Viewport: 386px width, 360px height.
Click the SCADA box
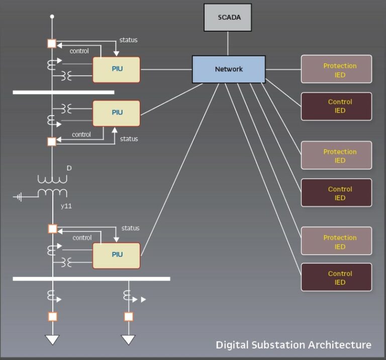(229, 18)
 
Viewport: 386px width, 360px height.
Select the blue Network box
(229, 69)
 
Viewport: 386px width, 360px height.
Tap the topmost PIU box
(116, 69)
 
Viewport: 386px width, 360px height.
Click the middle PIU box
(116, 113)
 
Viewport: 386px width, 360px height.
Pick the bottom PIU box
(116, 255)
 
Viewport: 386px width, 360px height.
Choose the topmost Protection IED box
(336, 69)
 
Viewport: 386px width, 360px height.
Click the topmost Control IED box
(336, 106)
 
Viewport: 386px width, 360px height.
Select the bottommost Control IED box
(336, 278)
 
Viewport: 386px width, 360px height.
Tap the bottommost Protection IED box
(336, 242)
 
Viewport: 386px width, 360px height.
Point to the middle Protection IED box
(336, 155)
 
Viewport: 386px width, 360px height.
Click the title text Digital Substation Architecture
(294, 345)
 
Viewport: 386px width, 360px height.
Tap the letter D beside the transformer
(69, 168)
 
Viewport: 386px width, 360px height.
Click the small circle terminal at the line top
(52, 17)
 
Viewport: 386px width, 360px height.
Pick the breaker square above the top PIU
(52, 44)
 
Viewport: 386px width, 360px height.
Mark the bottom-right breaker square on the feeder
(129, 317)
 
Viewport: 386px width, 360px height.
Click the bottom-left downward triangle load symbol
(52, 340)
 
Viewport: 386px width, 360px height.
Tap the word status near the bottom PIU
(130, 228)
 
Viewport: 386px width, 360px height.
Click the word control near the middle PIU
(81, 135)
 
